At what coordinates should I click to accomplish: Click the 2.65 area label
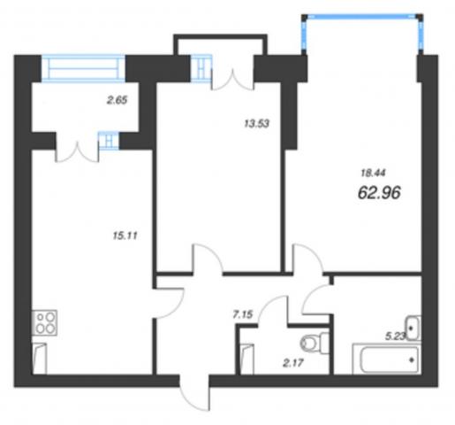pyautogui.click(x=117, y=100)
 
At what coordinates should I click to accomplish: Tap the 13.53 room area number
pyautogui.click(x=257, y=123)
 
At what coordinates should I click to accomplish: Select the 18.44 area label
pyautogui.click(x=373, y=173)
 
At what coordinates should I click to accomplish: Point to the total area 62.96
pyautogui.click(x=379, y=193)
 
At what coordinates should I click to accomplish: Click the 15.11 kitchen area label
pyautogui.click(x=125, y=236)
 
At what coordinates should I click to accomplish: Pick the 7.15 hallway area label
pyautogui.click(x=243, y=314)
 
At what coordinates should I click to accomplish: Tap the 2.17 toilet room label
pyautogui.click(x=293, y=363)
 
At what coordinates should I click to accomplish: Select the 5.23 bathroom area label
pyautogui.click(x=396, y=336)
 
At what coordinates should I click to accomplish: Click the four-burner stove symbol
pyautogui.click(x=44, y=322)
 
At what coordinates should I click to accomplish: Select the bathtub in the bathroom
pyautogui.click(x=387, y=359)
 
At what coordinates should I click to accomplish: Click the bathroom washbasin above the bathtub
pyautogui.click(x=413, y=328)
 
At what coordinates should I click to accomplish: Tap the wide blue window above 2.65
pyautogui.click(x=84, y=68)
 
